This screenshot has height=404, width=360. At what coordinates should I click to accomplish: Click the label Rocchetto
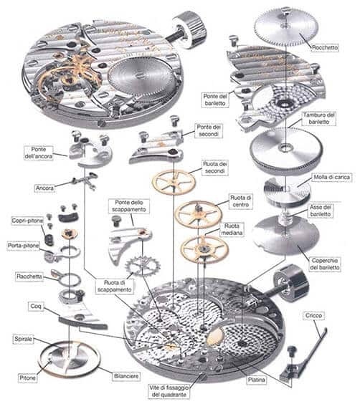pyautogui.click(x=325, y=48)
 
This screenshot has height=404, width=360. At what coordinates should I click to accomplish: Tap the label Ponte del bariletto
pyautogui.click(x=215, y=100)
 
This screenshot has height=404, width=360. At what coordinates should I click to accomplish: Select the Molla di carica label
pyautogui.click(x=331, y=177)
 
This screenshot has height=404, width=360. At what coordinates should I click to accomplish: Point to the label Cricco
pyautogui.click(x=313, y=315)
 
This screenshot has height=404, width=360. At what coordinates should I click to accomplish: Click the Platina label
pyautogui.click(x=256, y=380)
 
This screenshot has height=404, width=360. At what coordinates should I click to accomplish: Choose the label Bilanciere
pyautogui.click(x=126, y=376)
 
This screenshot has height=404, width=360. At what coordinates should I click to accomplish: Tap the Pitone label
pyautogui.click(x=27, y=378)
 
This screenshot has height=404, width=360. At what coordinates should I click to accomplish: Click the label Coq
pyautogui.click(x=36, y=306)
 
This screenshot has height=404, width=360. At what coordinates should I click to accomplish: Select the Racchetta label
pyautogui.click(x=29, y=276)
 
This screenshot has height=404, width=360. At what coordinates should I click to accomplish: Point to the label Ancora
pyautogui.click(x=44, y=188)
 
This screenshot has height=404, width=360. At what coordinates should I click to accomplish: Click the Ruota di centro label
pyautogui.click(x=241, y=201)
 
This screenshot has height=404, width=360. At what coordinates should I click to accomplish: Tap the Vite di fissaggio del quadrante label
pyautogui.click(x=169, y=391)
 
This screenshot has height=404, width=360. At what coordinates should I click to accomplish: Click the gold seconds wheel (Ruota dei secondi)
pyautogui.click(x=174, y=181)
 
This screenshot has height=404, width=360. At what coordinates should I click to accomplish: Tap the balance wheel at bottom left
pyautogui.click(x=70, y=357)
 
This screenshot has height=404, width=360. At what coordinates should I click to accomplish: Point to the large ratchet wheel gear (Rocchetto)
pyautogui.click(x=284, y=27)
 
